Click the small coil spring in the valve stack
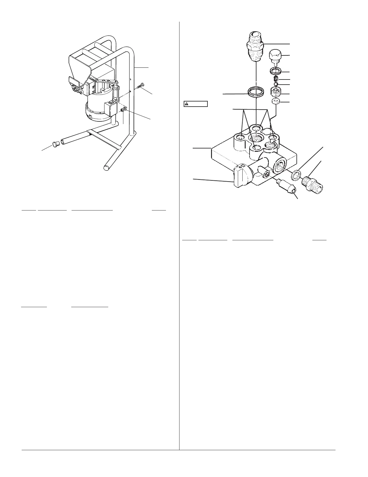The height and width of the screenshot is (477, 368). [276, 79]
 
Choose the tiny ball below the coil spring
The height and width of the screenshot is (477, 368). [276, 84]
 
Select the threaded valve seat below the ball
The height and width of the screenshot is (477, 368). [276, 91]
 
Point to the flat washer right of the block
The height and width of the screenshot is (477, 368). [297, 174]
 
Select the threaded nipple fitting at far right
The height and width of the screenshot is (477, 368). [313, 182]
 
